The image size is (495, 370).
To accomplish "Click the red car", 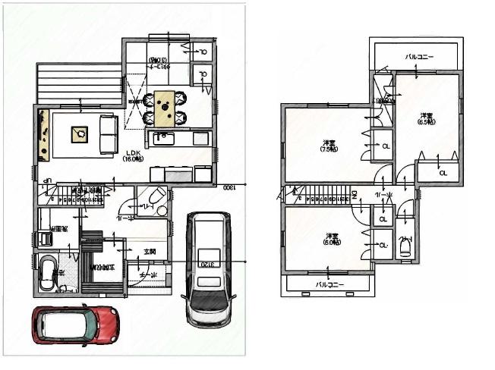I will (x=74, y=325).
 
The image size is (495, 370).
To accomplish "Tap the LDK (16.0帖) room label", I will (x=134, y=155).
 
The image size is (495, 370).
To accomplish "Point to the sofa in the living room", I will (x=108, y=134).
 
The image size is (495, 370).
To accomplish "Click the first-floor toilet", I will (x=156, y=199).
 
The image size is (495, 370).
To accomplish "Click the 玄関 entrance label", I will (x=150, y=252).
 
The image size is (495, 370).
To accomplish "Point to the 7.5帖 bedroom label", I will (x=329, y=145).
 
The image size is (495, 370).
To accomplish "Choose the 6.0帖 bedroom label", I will (x=331, y=238).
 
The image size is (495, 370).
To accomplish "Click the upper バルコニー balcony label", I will (x=419, y=56).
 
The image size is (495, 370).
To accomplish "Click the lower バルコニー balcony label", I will (x=329, y=285).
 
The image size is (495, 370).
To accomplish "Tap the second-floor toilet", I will (x=405, y=247).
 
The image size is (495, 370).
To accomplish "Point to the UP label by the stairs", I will (x=46, y=180).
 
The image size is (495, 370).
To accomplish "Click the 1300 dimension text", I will (x=227, y=187).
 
